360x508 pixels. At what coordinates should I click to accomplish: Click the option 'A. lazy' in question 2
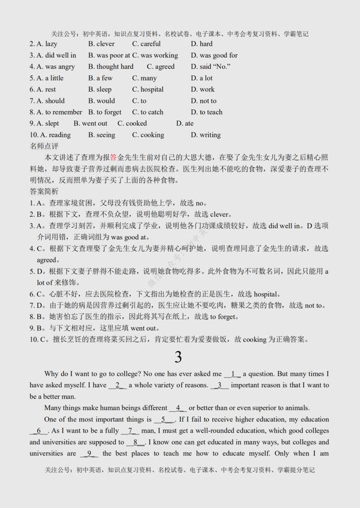[43, 44]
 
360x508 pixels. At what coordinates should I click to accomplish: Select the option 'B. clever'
[101, 44]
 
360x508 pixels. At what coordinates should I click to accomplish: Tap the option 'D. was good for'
[214, 55]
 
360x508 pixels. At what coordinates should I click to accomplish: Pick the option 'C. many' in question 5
[145, 78]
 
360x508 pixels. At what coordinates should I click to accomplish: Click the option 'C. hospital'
[148, 89]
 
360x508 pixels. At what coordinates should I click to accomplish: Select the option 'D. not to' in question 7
[204, 101]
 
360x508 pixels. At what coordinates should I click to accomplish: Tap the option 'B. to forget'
[105, 112]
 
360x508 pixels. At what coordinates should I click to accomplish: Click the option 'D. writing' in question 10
[206, 135]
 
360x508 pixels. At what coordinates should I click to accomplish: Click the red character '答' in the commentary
[113, 158]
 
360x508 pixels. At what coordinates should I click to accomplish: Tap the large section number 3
[178, 357]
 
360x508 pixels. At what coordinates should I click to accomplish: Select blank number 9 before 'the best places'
[89, 453]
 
